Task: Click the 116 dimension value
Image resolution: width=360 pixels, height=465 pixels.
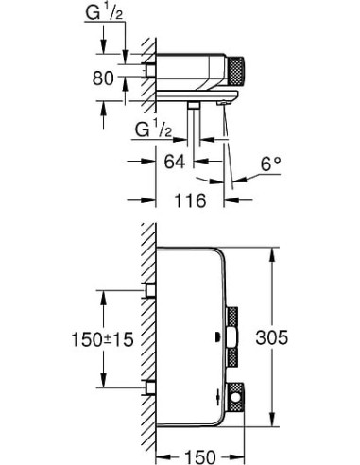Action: coord(194,199)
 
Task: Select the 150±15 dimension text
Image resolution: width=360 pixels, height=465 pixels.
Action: coord(105,337)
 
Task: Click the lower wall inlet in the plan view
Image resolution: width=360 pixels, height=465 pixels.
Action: coord(149,387)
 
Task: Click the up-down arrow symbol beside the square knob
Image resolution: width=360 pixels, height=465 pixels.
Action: coord(220,397)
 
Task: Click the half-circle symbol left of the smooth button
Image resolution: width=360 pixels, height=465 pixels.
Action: coord(219,336)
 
